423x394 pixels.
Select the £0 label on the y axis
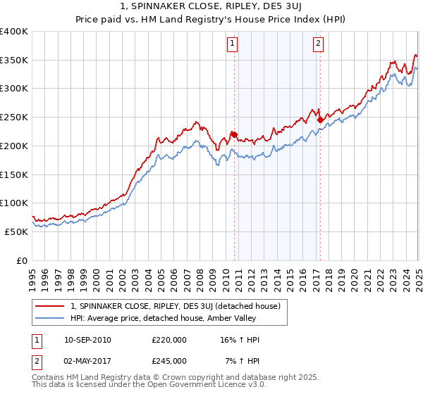click(x=21, y=260)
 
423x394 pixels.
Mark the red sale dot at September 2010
click(x=234, y=134)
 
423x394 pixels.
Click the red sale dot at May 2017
click(x=320, y=120)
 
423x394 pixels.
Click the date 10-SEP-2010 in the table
click(x=87, y=340)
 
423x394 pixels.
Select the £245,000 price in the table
click(x=169, y=360)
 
